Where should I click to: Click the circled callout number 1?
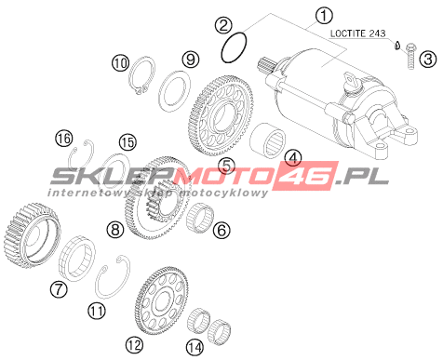pos(324,16)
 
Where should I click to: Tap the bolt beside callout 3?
pos(410,56)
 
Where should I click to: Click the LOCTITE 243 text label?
pos(357,33)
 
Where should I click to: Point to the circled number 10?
pos(120,63)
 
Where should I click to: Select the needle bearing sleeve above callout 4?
pos(268,139)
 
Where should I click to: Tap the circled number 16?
pos(64,139)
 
